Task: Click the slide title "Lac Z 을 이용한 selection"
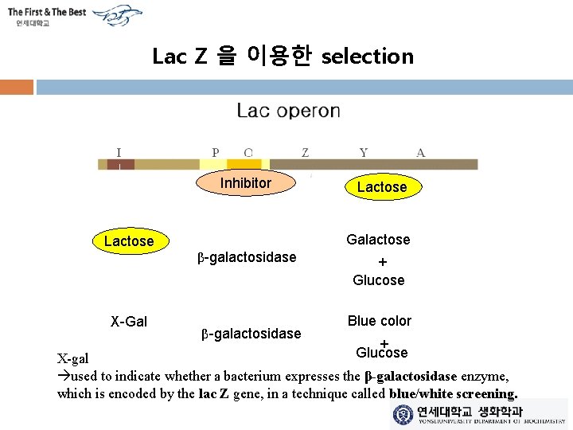click(283, 57)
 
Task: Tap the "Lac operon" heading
click(288, 111)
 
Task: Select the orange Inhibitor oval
click(246, 183)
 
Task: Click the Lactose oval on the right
click(381, 187)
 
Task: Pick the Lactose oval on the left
click(129, 240)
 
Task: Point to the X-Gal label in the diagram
click(129, 321)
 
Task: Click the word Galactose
click(378, 240)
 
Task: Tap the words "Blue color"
click(380, 321)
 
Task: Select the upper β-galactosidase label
click(247, 257)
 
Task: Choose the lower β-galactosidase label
click(251, 334)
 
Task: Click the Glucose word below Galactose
click(379, 280)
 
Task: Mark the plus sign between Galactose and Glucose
click(382, 261)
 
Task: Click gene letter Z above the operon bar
click(306, 152)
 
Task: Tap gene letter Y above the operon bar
click(363, 152)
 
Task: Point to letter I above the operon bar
click(119, 152)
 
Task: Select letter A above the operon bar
click(420, 152)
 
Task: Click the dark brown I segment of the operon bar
click(121, 165)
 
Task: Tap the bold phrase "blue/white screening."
click(454, 393)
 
